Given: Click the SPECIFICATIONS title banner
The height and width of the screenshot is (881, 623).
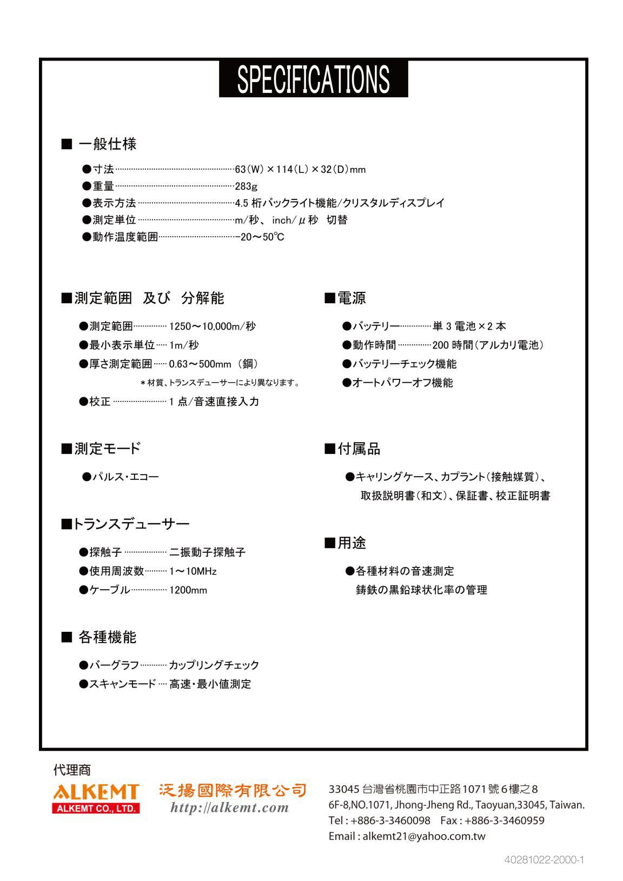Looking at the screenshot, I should (x=313, y=79).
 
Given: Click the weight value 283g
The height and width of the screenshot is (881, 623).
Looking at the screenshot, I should (x=246, y=186).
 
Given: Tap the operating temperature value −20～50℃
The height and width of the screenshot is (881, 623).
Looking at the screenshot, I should (x=260, y=237).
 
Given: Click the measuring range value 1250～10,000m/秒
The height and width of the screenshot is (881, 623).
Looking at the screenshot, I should (x=213, y=326).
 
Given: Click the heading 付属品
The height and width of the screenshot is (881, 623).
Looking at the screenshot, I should (x=353, y=449).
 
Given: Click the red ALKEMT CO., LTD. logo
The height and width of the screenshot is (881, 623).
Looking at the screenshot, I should (x=96, y=798).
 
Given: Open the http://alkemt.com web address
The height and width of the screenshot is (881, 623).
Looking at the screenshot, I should (x=229, y=807).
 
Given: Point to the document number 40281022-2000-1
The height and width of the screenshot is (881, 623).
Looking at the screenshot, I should (x=544, y=859).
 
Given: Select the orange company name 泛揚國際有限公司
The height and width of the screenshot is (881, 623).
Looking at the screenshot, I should (x=233, y=791).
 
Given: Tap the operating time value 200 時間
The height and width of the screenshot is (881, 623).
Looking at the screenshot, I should (x=453, y=345).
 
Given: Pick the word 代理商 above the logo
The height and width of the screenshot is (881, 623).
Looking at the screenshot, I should (x=72, y=769).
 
